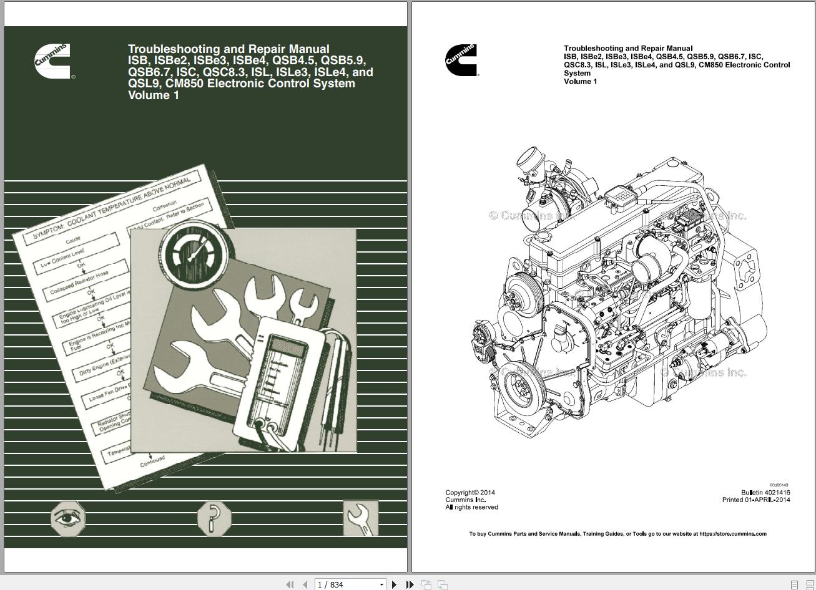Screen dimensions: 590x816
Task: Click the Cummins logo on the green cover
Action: (52, 60)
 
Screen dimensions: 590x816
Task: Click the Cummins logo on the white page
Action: (461, 60)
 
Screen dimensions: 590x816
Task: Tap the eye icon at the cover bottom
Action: (68, 518)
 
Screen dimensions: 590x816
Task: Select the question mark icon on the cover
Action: (214, 518)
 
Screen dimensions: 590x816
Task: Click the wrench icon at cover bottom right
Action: (360, 518)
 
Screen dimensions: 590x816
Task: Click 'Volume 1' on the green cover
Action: (154, 95)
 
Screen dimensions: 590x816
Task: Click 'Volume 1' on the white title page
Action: (580, 82)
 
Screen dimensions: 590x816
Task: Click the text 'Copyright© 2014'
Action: (470, 493)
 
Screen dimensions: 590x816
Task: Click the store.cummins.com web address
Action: (732, 534)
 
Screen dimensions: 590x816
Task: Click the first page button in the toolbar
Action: (290, 584)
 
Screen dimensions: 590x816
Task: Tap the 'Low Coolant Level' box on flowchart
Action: (76, 258)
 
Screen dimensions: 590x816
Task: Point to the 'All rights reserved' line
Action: (471, 508)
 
